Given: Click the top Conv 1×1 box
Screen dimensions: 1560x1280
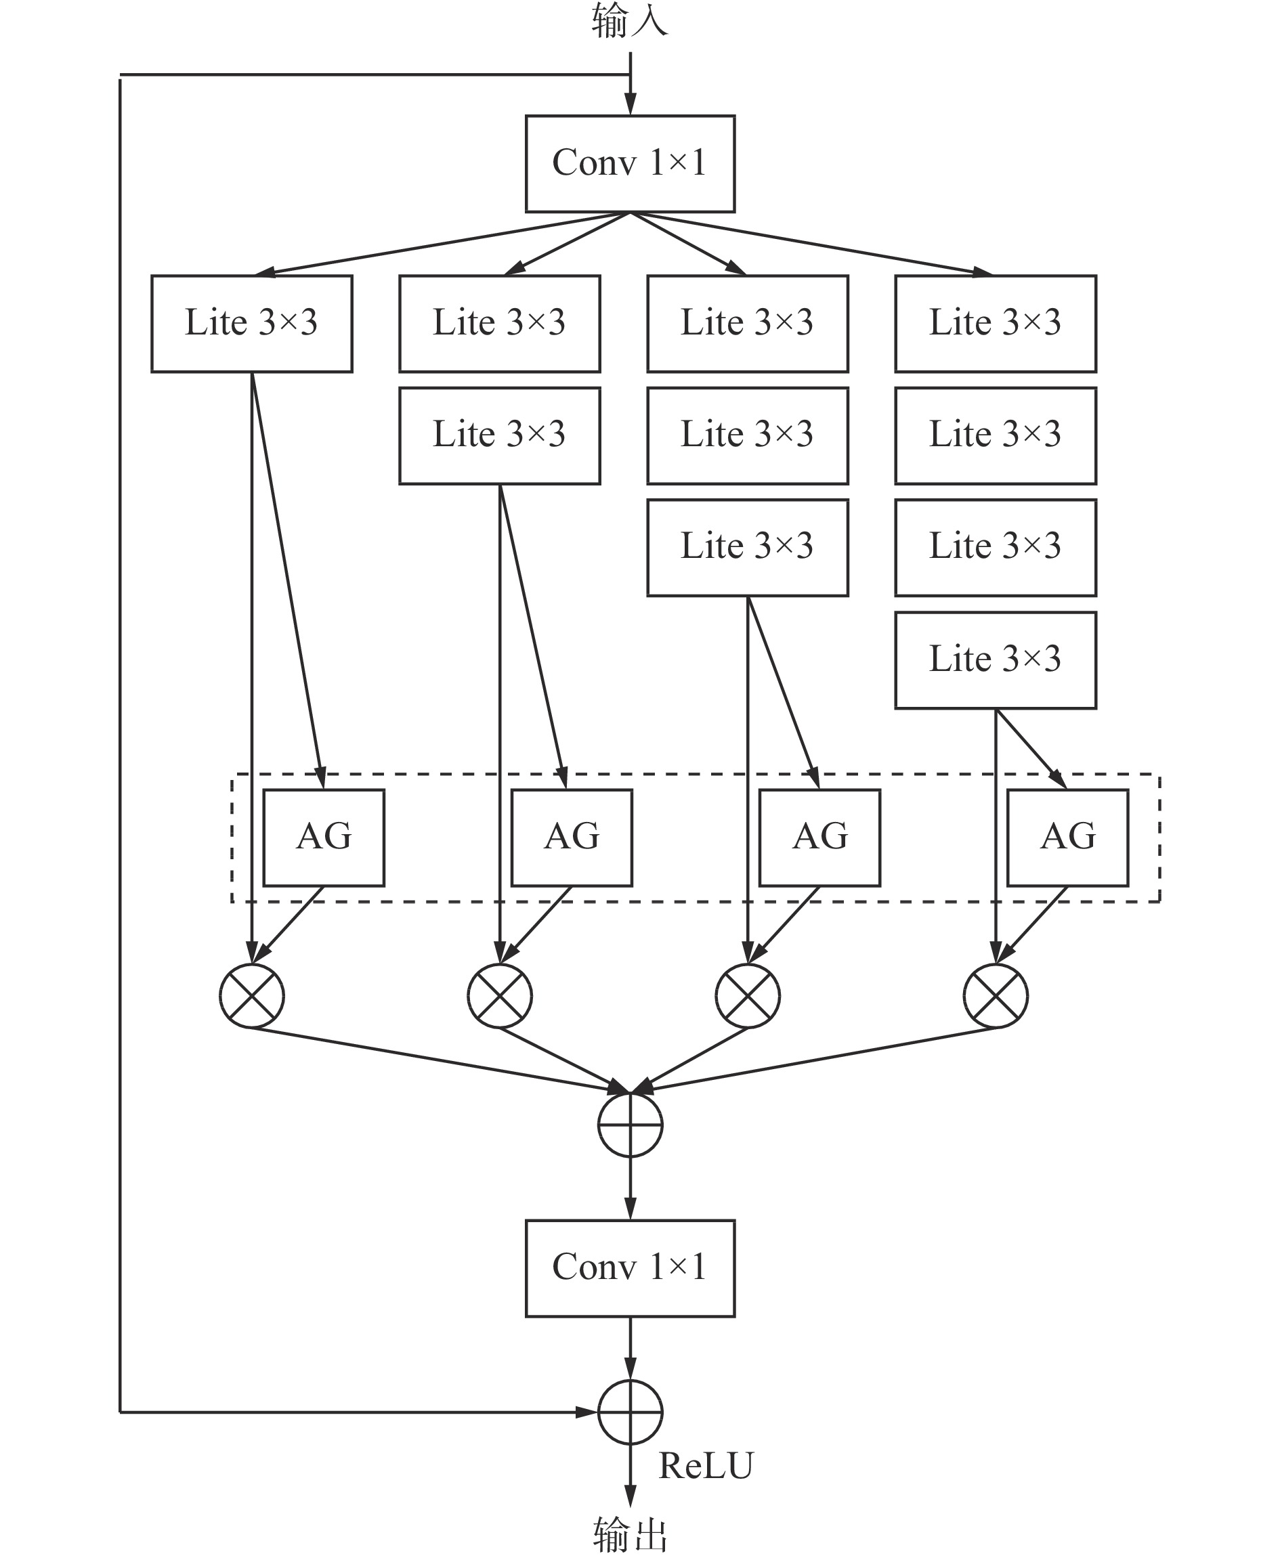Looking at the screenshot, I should tap(630, 164).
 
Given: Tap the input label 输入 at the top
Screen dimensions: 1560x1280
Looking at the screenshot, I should tap(630, 20).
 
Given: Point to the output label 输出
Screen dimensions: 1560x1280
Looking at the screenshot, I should tap(630, 1535).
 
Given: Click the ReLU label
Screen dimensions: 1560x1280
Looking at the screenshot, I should tap(706, 1466).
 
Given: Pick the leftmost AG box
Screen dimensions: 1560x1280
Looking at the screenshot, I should tap(324, 838).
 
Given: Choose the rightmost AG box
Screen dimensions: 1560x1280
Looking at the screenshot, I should tap(1067, 838).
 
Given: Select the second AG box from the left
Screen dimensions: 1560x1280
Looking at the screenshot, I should tap(572, 838).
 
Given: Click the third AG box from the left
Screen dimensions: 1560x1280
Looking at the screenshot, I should tap(819, 838).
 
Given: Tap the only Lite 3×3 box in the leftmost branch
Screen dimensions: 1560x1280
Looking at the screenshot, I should tap(251, 324).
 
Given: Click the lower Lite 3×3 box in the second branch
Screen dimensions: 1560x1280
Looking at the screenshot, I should tap(499, 436).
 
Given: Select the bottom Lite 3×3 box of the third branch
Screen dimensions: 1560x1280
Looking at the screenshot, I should tap(748, 548).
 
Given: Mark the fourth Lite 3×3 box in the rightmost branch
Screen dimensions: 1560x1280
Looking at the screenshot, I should tap(996, 660).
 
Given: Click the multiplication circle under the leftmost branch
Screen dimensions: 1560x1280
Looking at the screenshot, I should tap(251, 995).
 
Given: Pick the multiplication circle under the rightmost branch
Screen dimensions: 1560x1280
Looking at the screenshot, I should tap(996, 995).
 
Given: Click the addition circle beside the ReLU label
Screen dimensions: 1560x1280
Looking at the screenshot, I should tap(630, 1412).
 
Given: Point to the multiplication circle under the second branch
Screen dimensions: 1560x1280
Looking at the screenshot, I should tap(499, 995).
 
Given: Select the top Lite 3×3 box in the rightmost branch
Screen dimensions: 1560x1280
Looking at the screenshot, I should tap(996, 324).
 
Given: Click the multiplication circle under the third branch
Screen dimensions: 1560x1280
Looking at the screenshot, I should tap(748, 995).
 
